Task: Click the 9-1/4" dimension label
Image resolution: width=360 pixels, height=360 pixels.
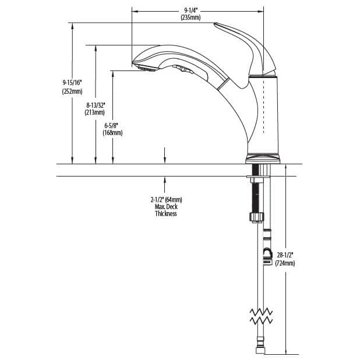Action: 191,10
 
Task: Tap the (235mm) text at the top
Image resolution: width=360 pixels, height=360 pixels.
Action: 191,18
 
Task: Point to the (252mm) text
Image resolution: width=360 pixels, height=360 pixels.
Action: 72,91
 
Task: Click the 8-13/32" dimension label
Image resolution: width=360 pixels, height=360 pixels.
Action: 94,105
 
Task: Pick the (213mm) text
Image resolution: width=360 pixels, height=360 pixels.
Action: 94,112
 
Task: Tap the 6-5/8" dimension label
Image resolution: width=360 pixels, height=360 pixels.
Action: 113,125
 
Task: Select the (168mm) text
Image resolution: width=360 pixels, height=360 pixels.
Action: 113,133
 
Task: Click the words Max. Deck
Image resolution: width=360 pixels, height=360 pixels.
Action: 166,207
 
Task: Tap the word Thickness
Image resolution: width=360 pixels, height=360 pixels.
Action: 166,214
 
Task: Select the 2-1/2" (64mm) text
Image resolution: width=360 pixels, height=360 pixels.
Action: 166,200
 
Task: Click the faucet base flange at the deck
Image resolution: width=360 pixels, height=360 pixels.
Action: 263,158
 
